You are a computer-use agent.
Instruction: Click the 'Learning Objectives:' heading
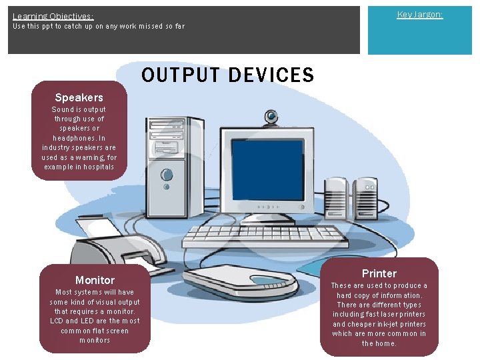coord(53,16)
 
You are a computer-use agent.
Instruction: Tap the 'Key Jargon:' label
coord(419,14)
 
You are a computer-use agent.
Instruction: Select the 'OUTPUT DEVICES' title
coord(227,75)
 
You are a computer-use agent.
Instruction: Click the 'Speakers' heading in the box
coord(79,97)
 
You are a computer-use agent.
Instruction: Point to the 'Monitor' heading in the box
coord(95,280)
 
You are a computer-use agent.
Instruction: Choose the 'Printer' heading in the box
coord(379,273)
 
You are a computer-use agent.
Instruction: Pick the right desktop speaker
coord(365,196)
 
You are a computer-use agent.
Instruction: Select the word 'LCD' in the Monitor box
coord(57,321)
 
